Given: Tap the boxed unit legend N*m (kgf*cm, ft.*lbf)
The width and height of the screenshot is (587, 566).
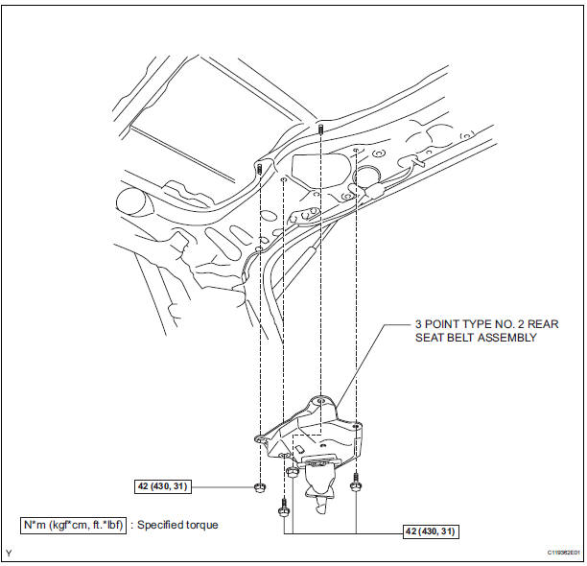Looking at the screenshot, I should pyautogui.click(x=73, y=525).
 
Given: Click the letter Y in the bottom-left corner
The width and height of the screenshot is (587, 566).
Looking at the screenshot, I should pyautogui.click(x=9, y=553).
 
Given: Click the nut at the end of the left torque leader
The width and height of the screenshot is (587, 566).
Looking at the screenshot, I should pyautogui.click(x=259, y=487).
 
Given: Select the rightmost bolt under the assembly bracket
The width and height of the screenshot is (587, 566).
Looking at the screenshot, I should pyautogui.click(x=356, y=483).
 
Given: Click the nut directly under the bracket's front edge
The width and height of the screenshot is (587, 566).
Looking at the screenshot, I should pyautogui.click(x=291, y=472).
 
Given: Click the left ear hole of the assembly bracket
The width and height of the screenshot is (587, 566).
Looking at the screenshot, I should pyautogui.click(x=259, y=437).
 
